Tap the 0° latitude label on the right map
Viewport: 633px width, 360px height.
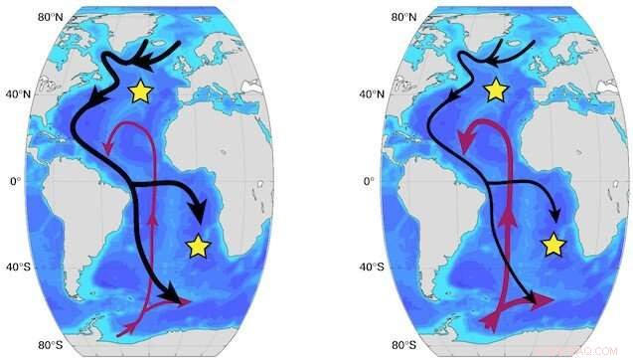coord(369,181)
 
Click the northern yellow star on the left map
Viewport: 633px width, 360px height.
coord(140,91)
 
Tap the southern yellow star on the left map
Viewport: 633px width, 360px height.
coord(198,246)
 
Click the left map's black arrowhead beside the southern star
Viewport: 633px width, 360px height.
coord(199,216)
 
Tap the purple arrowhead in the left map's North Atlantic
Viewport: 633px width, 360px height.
coord(108,148)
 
